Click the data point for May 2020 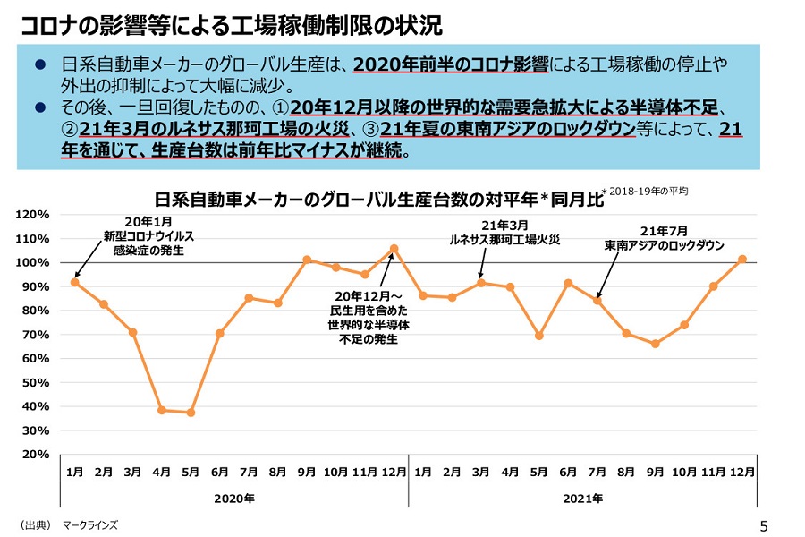pyautogui.click(x=191, y=413)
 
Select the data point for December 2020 pyautogui.click(x=394, y=249)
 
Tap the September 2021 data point pyautogui.click(x=656, y=344)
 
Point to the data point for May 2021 pyautogui.click(x=538, y=336)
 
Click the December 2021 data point pyautogui.click(x=742, y=259)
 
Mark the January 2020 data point pyautogui.click(x=75, y=282)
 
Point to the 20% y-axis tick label pyautogui.click(x=33, y=454)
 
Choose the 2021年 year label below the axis pyautogui.click(x=583, y=498)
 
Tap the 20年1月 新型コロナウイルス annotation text pyautogui.click(x=148, y=236)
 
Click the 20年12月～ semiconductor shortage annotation pyautogui.click(x=369, y=318)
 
